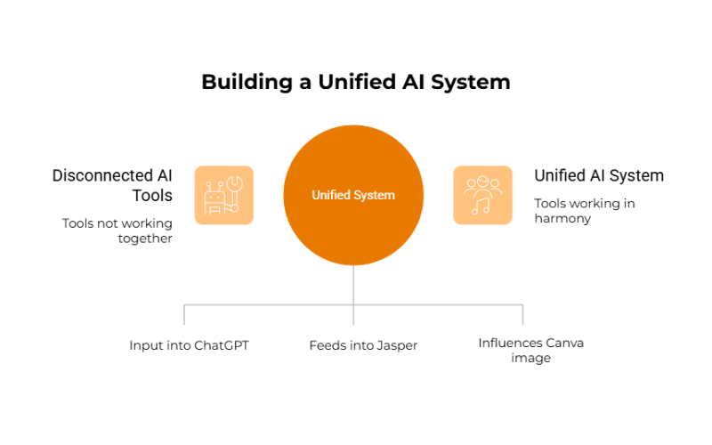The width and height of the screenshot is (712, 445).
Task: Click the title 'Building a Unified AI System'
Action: tap(356, 83)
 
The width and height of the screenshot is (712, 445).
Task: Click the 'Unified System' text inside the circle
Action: tap(353, 195)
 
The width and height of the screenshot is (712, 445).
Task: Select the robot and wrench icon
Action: tap(223, 195)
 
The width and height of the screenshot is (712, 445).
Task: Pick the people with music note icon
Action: tap(482, 195)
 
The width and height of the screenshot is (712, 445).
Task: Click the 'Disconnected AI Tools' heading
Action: tap(112, 185)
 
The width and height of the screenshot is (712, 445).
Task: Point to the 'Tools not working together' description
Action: tap(117, 231)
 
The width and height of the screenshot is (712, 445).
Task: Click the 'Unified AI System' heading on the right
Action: tap(598, 175)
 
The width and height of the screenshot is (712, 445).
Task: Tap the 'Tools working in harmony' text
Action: tap(584, 211)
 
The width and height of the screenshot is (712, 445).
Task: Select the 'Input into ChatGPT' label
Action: tap(189, 344)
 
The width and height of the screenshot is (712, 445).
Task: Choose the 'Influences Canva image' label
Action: tap(530, 350)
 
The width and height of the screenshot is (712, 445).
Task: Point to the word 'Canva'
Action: tap(564, 343)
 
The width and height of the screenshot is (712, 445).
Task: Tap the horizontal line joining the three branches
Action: tap(267, 305)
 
